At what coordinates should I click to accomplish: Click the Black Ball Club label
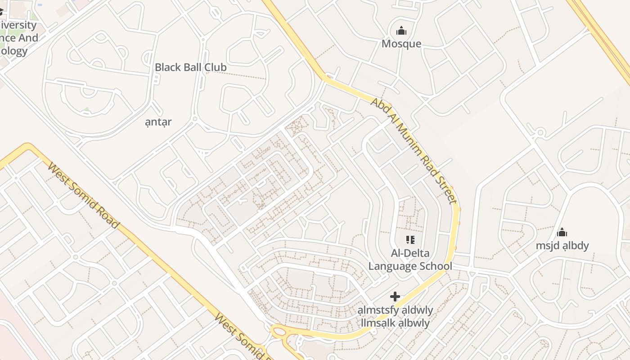click(x=190, y=67)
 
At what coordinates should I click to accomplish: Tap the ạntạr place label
click(x=158, y=122)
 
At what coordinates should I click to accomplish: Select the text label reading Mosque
click(x=401, y=44)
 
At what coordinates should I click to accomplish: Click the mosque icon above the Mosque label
click(x=401, y=31)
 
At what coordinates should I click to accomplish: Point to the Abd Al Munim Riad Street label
click(x=414, y=151)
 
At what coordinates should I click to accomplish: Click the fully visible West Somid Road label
click(x=84, y=196)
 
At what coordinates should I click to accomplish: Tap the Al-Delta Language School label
click(x=410, y=259)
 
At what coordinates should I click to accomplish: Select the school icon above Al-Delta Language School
click(x=410, y=239)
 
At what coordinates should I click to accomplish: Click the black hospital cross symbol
click(x=395, y=296)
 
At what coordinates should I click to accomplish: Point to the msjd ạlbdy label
click(x=562, y=246)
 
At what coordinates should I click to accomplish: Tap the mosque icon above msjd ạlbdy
click(x=562, y=233)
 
